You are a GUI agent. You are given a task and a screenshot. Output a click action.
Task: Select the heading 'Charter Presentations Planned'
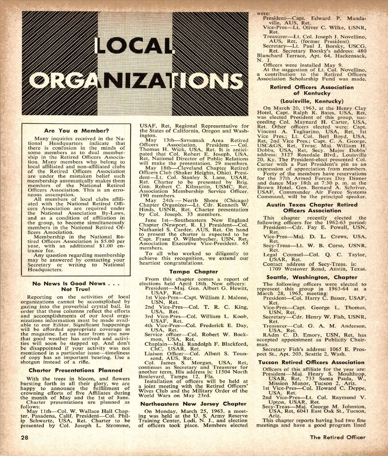[76, 370]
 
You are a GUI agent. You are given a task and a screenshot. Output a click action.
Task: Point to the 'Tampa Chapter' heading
[193, 272]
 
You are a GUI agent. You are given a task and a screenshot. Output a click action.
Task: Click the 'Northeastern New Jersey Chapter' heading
[193, 404]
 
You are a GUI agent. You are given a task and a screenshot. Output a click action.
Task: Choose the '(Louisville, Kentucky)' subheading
[312, 101]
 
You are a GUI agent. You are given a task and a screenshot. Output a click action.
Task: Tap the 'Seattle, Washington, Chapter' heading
[312, 277]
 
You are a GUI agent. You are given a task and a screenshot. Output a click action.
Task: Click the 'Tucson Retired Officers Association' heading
[312, 363]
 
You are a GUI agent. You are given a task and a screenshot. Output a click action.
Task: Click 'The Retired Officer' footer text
[338, 438]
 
